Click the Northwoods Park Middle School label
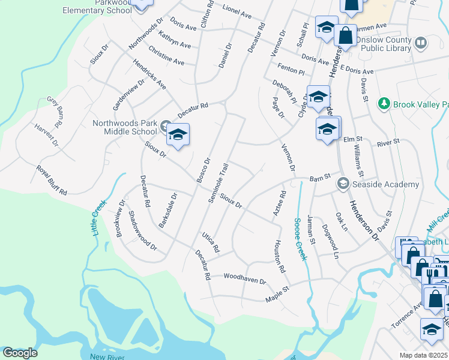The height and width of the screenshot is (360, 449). [124, 127]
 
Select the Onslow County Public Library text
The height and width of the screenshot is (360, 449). [386, 44]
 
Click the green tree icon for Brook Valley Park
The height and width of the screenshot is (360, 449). [384, 104]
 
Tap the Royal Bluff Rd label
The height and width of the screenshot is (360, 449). [51, 180]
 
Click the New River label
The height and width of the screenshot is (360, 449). [106, 356]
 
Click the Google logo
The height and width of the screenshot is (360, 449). [20, 353]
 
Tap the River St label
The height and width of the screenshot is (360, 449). [388, 143]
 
